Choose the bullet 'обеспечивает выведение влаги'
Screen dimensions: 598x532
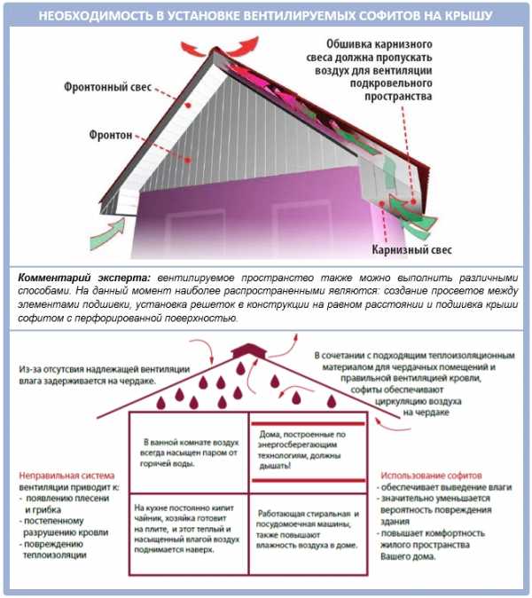click(435, 489)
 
